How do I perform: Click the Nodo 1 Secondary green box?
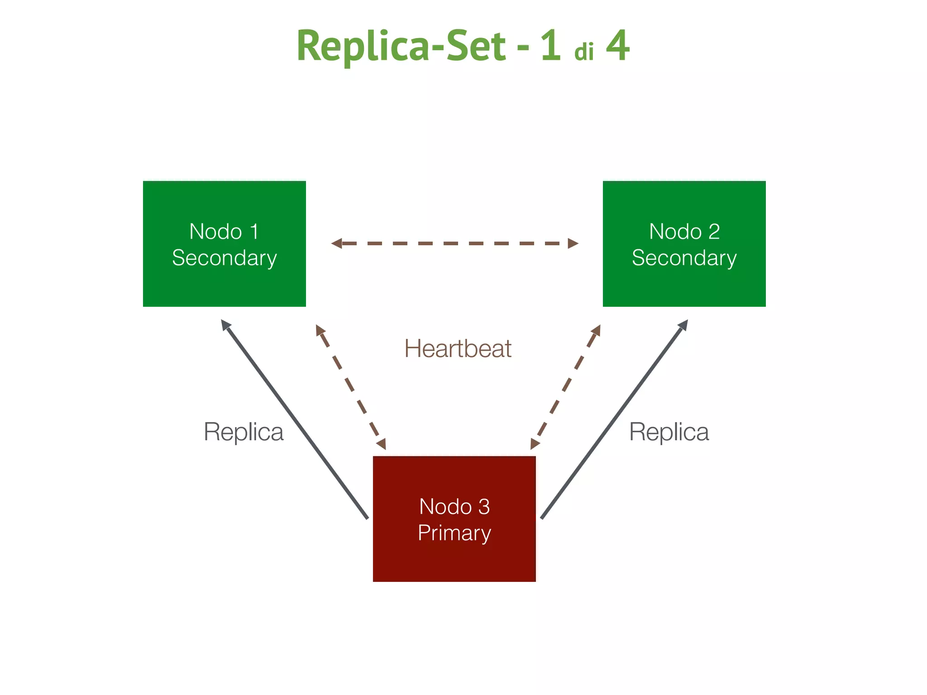224,281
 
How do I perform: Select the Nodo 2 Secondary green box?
684,281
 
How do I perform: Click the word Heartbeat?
458,349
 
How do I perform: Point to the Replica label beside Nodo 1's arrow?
244,432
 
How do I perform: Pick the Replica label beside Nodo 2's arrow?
669,432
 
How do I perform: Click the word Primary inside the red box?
454,533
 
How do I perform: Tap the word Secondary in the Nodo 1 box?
224,258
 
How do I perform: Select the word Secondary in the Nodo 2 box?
684,258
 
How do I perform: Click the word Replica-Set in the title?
401,46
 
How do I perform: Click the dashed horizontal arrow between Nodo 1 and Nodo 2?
454,243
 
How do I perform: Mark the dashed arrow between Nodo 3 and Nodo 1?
351,387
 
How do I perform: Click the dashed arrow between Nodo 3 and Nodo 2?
566,387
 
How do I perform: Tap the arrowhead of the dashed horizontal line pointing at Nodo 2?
573,243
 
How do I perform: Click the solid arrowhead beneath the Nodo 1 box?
225,324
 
